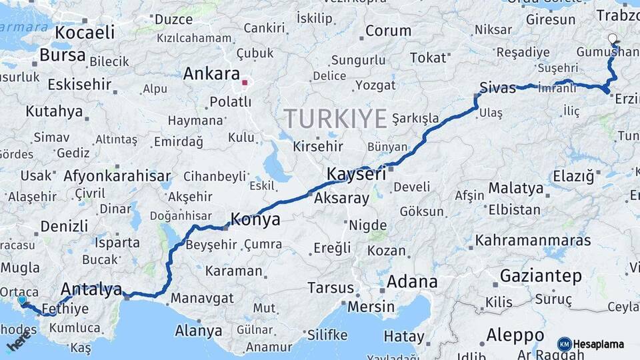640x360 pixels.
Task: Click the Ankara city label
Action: click(x=211, y=73)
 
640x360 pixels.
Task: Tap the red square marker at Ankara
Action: click(x=245, y=83)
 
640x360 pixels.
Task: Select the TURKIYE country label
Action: click(x=335, y=119)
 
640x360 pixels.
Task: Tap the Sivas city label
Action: click(x=497, y=87)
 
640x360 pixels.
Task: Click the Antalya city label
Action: click(x=91, y=289)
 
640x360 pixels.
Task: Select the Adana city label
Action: click(x=411, y=281)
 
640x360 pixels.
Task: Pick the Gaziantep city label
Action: click(x=541, y=275)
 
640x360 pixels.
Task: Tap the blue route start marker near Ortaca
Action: click(x=22, y=301)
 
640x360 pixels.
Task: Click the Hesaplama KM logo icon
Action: click(x=564, y=344)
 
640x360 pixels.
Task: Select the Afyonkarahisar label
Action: click(x=117, y=177)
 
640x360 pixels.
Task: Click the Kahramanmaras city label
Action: click(x=533, y=240)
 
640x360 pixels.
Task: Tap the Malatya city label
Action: click(x=515, y=189)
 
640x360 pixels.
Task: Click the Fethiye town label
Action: click(x=65, y=309)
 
